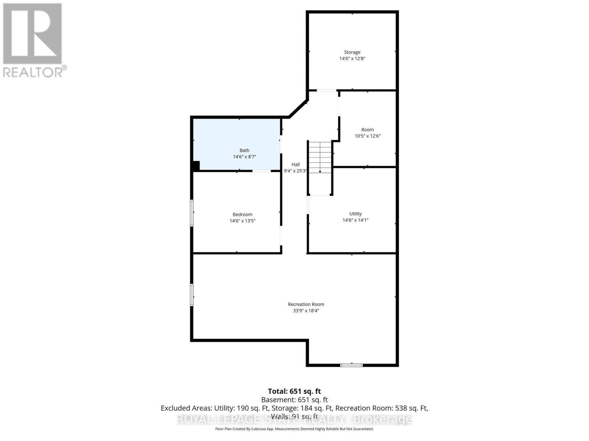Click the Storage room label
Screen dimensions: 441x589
pos(352,52)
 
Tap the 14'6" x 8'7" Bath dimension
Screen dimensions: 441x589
pos(244,157)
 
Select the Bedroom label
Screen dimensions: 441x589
pos(242,215)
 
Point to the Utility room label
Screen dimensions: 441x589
pos(355,214)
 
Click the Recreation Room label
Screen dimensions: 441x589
pos(306,304)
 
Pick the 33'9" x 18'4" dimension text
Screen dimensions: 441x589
pos(306,311)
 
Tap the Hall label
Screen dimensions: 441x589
pos(296,165)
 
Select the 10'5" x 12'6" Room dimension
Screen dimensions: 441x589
pos(367,136)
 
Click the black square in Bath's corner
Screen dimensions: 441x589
pos(196,166)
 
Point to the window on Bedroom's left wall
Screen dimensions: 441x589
pos(192,213)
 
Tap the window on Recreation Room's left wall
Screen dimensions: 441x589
pos(192,294)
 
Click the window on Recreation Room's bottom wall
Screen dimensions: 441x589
pos(351,365)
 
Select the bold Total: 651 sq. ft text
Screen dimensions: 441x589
pos(294,391)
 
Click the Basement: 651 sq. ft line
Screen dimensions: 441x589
pos(294,400)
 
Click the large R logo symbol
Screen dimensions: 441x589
pos(32,33)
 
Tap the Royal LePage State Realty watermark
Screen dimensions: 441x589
pos(294,419)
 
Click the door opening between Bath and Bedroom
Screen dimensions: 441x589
pos(262,171)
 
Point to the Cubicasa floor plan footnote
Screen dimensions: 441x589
pos(294,429)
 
